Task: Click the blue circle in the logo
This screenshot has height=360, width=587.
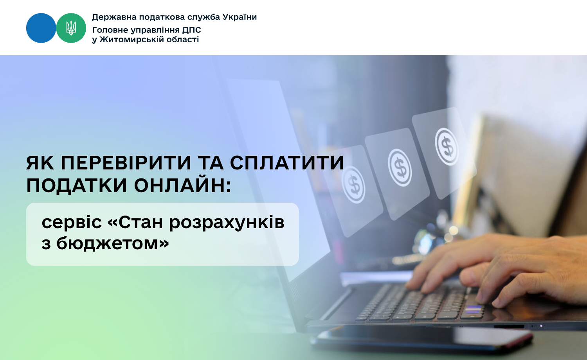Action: [x=41, y=28]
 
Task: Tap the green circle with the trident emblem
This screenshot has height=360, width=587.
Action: [x=71, y=28]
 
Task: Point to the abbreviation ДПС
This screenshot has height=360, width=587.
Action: [x=192, y=30]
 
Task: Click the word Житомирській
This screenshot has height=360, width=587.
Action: [x=135, y=40]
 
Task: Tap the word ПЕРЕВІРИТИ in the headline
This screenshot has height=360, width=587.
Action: [x=126, y=163]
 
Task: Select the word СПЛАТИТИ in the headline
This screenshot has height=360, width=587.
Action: [x=287, y=163]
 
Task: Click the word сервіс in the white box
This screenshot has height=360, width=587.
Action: [x=72, y=222]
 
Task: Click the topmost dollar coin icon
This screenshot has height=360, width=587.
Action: [x=447, y=147]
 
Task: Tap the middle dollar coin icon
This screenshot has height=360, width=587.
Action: [x=400, y=168]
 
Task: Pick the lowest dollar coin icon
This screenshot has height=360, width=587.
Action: [x=353, y=184]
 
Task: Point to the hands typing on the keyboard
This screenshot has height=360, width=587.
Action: [x=498, y=270]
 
